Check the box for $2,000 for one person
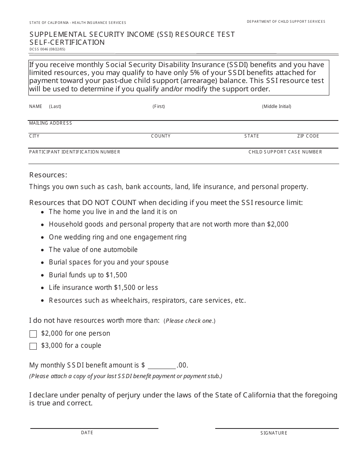[33, 334]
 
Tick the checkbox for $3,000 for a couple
[33, 346]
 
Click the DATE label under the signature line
[87, 433]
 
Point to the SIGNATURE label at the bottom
[274, 433]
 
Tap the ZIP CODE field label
[308, 136]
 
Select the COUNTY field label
[161, 136]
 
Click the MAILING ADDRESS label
[50, 123]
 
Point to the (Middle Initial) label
[277, 106]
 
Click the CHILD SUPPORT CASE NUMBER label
[285, 152]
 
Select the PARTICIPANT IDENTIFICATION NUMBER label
[75, 152]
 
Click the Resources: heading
[48, 175]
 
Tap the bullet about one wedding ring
[117, 237]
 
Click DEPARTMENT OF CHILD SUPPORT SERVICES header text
[286, 22]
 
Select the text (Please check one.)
[189, 321]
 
